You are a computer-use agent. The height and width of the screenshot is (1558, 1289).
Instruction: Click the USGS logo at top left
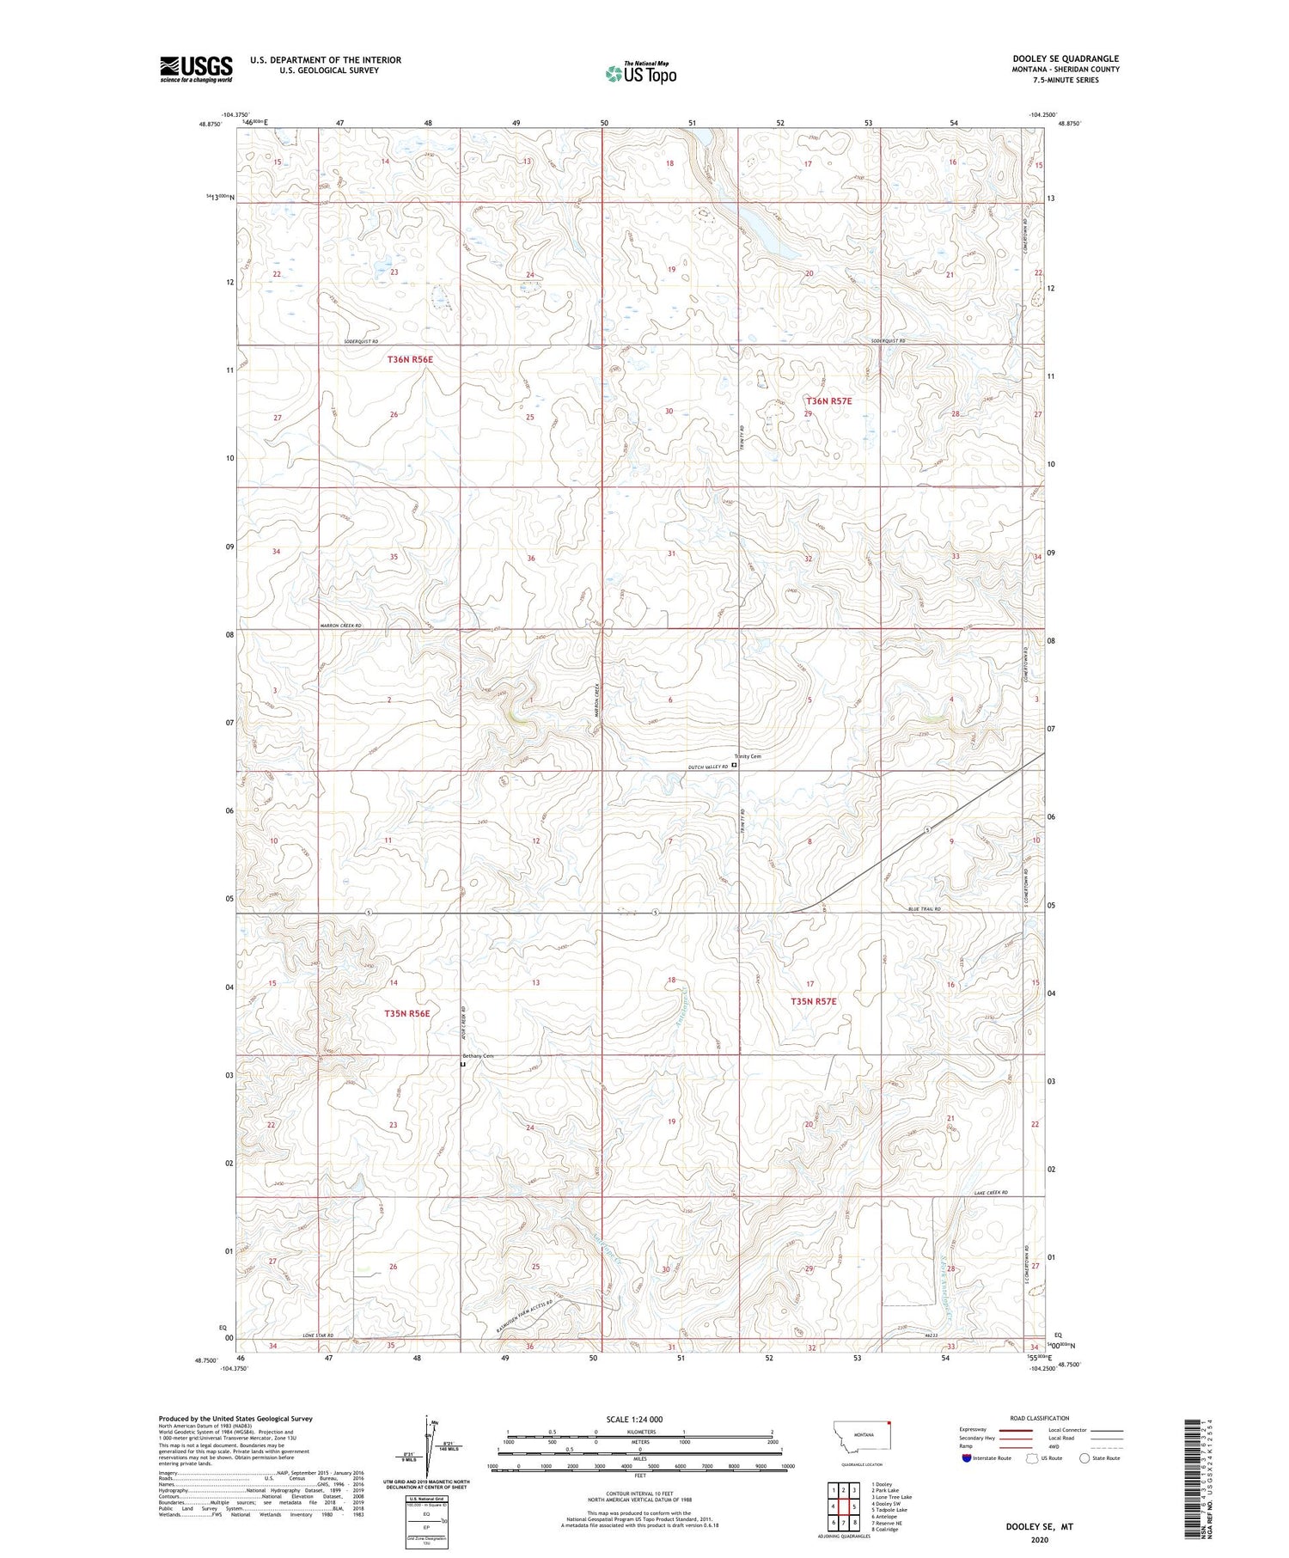point(196,69)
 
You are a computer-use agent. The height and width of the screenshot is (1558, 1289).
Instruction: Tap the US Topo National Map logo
point(640,73)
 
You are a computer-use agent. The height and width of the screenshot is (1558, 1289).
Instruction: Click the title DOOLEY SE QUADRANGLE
point(1065,58)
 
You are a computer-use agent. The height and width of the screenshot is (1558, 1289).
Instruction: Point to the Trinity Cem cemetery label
point(747,756)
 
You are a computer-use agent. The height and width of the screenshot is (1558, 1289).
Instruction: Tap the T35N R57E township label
point(813,1001)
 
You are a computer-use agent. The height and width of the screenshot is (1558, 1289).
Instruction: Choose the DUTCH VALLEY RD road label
point(708,766)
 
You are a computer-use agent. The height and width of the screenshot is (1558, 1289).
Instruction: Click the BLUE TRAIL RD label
point(925,908)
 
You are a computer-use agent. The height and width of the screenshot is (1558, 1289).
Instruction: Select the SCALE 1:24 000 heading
point(640,1419)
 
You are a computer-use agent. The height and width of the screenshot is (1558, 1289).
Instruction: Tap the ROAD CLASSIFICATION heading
point(1039,1418)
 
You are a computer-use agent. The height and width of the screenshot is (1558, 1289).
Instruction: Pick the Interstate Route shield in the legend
point(967,1458)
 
